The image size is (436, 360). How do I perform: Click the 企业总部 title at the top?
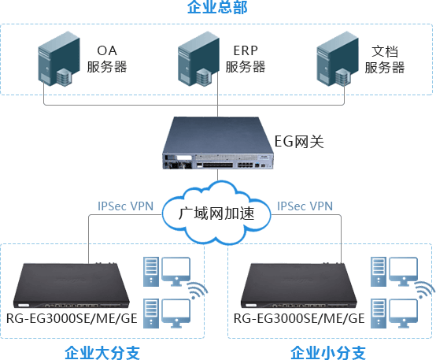(217, 6)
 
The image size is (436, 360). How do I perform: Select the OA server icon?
(59, 58)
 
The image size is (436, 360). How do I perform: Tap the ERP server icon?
(198, 58)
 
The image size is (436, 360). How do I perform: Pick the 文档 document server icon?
(338, 58)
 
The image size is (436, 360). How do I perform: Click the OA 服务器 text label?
(107, 59)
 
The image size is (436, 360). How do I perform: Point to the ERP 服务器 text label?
(246, 59)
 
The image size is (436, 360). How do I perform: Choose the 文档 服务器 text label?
(385, 60)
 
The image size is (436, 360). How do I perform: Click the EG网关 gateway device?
(218, 143)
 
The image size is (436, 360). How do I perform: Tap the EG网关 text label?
(299, 142)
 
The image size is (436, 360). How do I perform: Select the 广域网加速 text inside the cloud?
(216, 213)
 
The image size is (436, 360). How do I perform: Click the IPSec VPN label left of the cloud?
(125, 206)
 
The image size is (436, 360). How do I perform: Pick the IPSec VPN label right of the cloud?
(305, 206)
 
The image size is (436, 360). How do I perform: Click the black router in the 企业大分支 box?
(72, 285)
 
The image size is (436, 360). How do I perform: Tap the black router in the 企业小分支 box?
(299, 285)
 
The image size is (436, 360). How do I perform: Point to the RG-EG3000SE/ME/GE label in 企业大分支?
(72, 318)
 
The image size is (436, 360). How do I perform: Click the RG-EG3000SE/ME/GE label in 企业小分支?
(299, 318)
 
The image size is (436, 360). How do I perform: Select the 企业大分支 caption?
(102, 352)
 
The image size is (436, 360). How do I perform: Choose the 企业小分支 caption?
(328, 352)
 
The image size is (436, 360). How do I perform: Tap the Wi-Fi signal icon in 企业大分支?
(198, 291)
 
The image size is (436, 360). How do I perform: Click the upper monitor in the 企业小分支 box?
(404, 272)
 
